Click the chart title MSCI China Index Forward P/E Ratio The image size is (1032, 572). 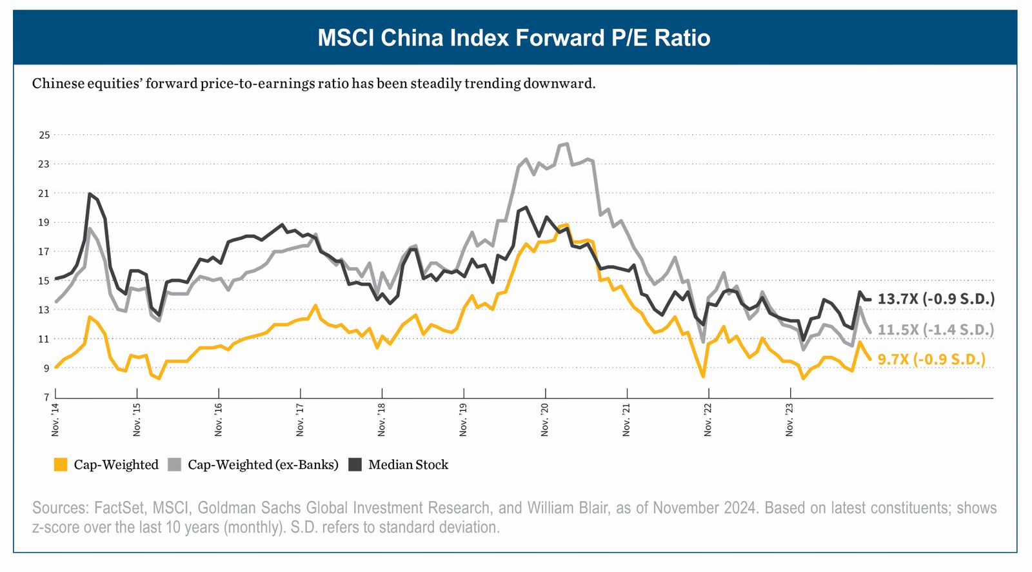point(514,38)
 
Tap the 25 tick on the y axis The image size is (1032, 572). point(44,135)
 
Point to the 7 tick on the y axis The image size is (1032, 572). point(46,397)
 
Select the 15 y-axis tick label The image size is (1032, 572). point(44,281)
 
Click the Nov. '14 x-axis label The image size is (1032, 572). point(55,419)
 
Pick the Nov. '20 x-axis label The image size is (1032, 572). point(545,419)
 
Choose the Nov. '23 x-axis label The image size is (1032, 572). point(790,419)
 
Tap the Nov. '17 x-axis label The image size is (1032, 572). point(301,419)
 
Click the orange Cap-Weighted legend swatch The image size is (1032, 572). point(61,465)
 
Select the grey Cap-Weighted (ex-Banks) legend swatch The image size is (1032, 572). point(174,465)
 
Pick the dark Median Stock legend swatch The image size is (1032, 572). point(355,465)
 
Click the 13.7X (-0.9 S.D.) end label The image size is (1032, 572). point(936,299)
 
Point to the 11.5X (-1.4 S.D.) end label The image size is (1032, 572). point(936,330)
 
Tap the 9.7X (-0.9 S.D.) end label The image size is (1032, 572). point(931,359)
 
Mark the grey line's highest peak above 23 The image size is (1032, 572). point(566,144)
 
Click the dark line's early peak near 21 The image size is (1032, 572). point(90,193)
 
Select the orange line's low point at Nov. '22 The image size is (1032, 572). point(702,377)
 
